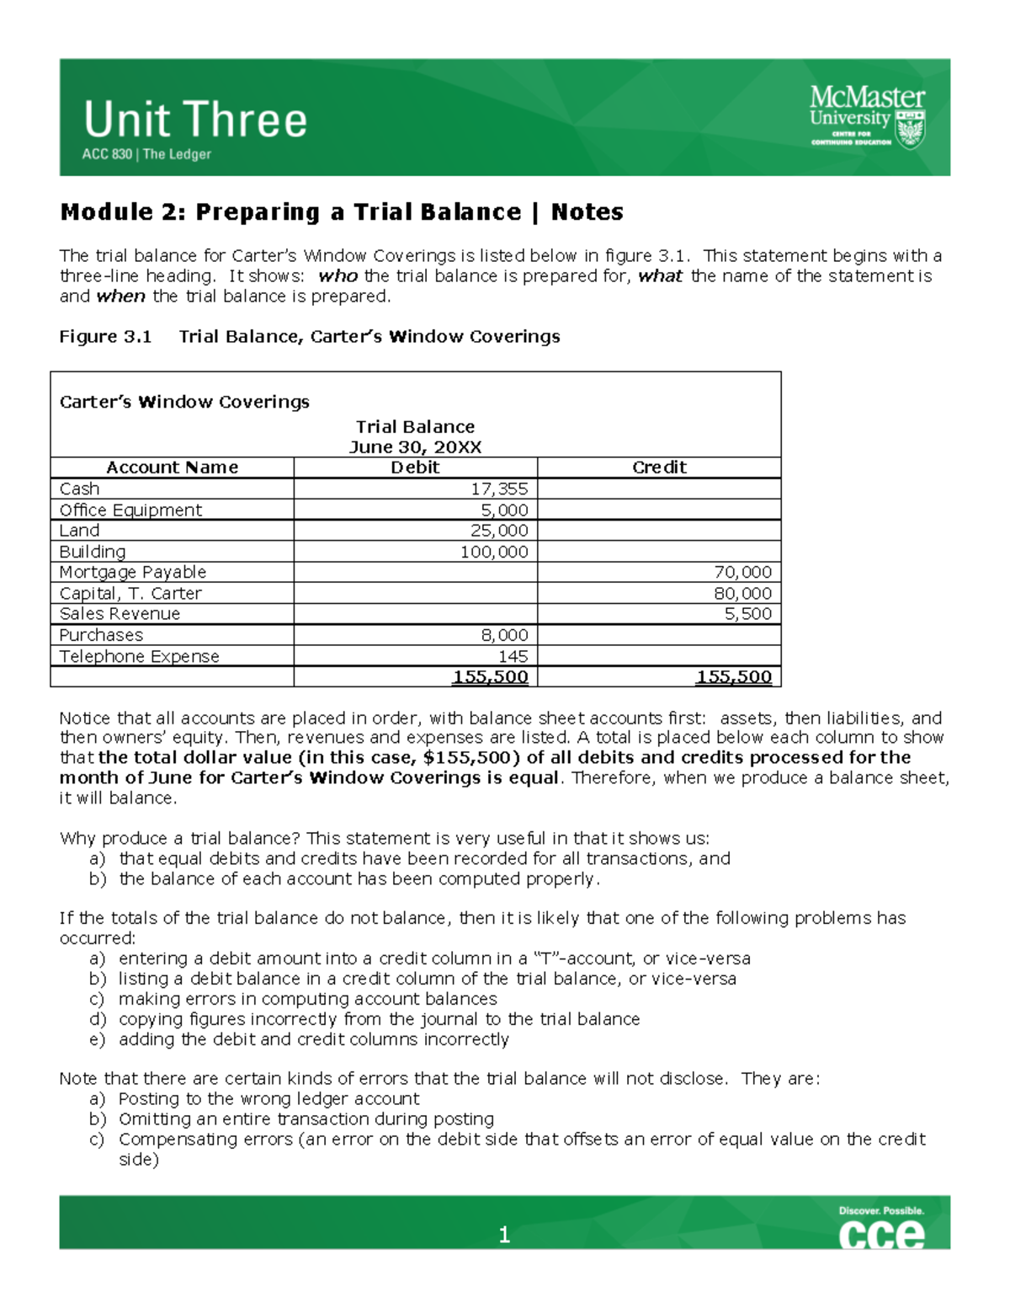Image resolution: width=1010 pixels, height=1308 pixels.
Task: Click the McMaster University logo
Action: [867, 117]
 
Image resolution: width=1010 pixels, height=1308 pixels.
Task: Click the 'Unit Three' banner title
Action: [195, 120]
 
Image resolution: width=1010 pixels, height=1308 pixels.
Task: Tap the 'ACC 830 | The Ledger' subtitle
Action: [146, 154]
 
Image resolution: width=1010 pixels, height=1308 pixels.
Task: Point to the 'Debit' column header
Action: [415, 467]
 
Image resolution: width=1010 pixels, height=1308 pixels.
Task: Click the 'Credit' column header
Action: [659, 467]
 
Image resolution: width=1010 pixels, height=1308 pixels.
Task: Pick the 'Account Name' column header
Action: [172, 467]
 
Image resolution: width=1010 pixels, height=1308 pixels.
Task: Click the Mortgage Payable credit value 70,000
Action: [742, 572]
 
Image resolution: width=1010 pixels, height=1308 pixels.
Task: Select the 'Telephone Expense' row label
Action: [139, 656]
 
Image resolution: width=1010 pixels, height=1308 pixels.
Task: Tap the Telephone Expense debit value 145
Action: [513, 656]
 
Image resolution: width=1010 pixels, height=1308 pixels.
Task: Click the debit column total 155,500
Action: [490, 676]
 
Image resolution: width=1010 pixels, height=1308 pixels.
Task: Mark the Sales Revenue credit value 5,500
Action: [747, 614]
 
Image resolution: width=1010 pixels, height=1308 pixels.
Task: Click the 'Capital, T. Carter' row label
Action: [130, 593]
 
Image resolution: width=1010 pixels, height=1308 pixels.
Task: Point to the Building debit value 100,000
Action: [494, 552]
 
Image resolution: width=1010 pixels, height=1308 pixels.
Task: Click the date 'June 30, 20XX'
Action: [415, 447]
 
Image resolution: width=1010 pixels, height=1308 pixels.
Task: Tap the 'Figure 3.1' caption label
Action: [105, 337]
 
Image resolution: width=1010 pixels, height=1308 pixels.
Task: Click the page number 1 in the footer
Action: [504, 1235]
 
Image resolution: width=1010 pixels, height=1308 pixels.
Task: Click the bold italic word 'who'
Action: [338, 276]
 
